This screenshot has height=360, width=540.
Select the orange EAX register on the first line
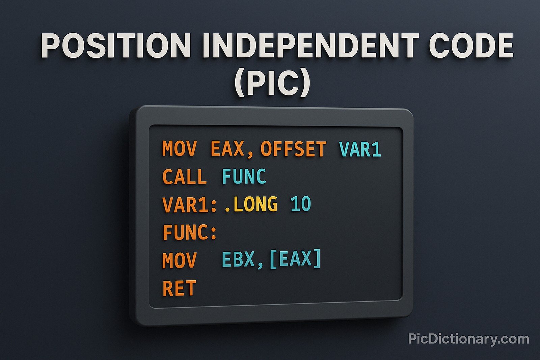click(x=227, y=149)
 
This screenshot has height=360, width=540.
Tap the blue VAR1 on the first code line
click(x=360, y=149)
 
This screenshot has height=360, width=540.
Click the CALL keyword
click(x=184, y=177)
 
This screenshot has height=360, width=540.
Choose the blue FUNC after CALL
click(x=244, y=177)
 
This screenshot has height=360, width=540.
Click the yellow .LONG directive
click(x=251, y=204)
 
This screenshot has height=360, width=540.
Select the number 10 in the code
click(x=301, y=204)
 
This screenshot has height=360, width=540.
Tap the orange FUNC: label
click(x=189, y=232)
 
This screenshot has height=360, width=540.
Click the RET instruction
click(x=179, y=288)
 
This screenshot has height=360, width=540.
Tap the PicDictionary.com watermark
click(x=468, y=339)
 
